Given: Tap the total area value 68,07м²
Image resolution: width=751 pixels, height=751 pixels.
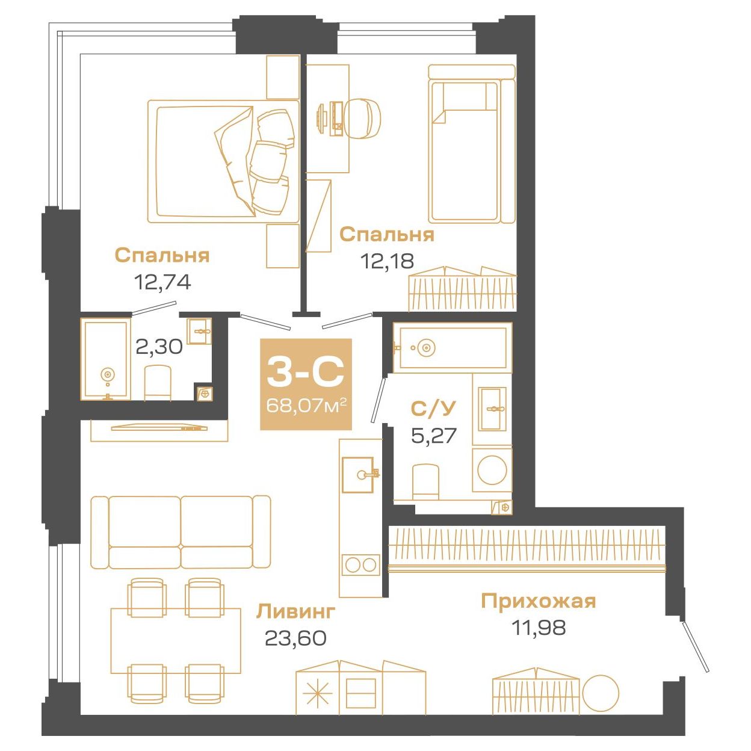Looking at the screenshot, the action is click(x=306, y=406).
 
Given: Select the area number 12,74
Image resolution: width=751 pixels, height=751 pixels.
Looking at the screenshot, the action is click(x=162, y=282).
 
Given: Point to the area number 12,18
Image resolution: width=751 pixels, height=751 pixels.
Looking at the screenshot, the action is click(x=388, y=261).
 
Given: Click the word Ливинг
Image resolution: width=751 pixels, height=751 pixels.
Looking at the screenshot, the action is click(x=296, y=611).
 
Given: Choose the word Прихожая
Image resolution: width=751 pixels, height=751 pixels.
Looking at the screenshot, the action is click(x=539, y=601).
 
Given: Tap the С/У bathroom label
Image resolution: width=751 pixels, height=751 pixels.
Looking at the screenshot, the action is click(x=433, y=409).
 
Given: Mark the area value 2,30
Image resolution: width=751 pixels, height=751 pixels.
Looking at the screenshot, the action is click(x=159, y=347).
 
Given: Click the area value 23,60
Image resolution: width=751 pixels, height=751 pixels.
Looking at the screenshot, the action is click(x=296, y=638).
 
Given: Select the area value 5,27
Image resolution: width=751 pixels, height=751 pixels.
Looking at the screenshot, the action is click(x=434, y=435).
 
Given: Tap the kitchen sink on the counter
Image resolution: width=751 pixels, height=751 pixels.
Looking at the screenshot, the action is click(x=358, y=475).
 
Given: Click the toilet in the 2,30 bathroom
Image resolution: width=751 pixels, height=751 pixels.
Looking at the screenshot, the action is click(x=158, y=382).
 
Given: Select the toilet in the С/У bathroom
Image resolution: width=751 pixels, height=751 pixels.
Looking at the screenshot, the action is click(x=426, y=481).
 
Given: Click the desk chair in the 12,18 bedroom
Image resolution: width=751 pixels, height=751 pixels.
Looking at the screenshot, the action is click(x=364, y=119).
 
